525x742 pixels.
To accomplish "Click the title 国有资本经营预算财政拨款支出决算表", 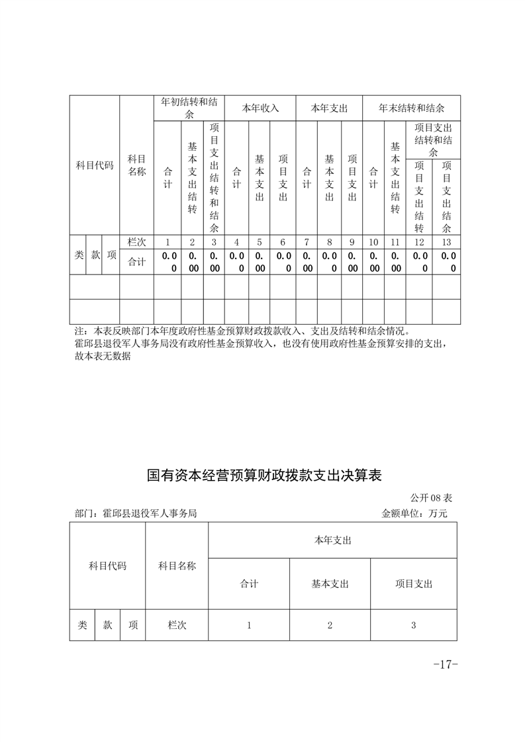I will coord(264,475).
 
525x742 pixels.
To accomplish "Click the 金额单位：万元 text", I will coord(415,513).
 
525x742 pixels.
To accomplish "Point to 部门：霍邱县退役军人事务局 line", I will coord(136,513).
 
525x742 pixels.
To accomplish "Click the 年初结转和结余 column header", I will coord(189,108).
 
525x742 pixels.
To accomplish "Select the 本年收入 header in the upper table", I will coord(260,108).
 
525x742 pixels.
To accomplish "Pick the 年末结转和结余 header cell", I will coord(411,108).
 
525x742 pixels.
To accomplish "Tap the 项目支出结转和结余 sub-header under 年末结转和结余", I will coord(433,140).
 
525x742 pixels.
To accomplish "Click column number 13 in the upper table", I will coord(447,242).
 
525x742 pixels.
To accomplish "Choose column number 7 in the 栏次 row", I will coord(307,242).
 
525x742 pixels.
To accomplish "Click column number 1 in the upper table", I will coord(167,242).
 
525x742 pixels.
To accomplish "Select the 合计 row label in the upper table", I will coord(136,261).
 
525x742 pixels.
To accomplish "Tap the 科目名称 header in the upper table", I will coord(136,165).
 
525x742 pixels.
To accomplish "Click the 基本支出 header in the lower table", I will coord(330,584).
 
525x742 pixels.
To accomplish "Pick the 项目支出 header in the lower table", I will coord(414,584).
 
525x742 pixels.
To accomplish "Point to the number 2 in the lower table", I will coord(330,625).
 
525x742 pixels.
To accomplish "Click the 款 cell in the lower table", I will coord(107,625).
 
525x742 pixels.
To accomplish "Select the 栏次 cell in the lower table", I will coord(177,625).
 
